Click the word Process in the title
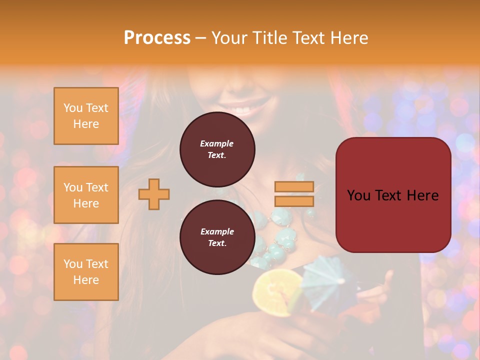pyautogui.click(x=157, y=38)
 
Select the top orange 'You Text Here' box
pyautogui.click(x=86, y=116)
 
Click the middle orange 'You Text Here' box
pyautogui.click(x=86, y=195)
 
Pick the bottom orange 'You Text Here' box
pyautogui.click(x=86, y=271)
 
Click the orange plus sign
pyautogui.click(x=154, y=194)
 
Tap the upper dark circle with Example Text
pyautogui.click(x=217, y=149)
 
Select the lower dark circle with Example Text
pyautogui.click(x=217, y=237)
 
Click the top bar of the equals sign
pyautogui.click(x=294, y=186)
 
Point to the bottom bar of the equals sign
pyautogui.click(x=294, y=201)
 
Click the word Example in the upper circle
pyautogui.click(x=217, y=143)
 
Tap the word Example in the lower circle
pyautogui.click(x=217, y=231)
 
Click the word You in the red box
pyautogui.click(x=359, y=195)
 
